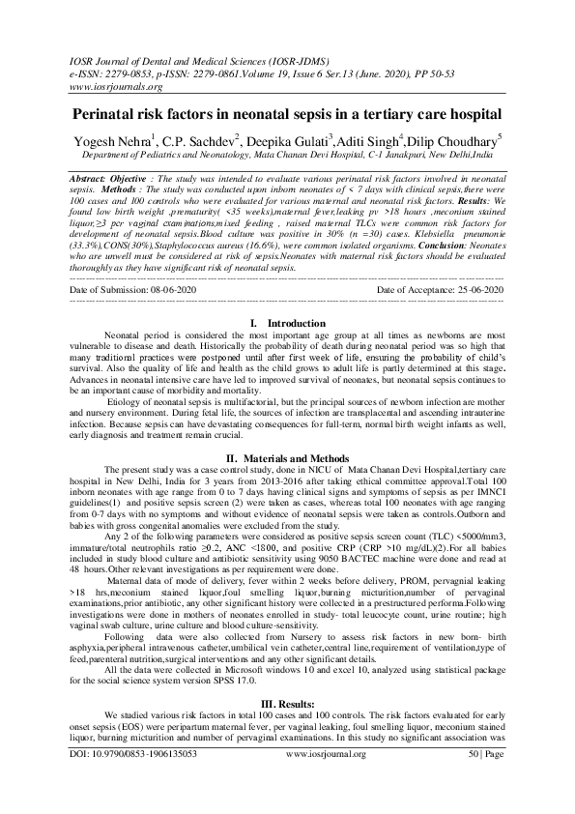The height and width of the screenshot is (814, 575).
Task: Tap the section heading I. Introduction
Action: coord(287,295)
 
